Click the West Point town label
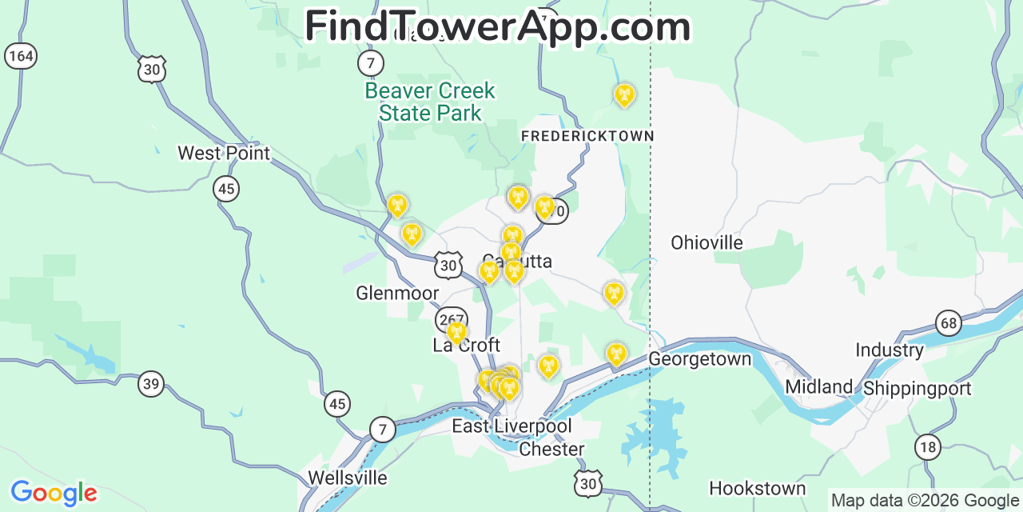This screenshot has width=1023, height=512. (x=224, y=153)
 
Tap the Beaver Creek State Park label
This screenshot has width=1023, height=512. (x=430, y=102)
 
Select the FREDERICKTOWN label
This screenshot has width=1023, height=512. (x=587, y=137)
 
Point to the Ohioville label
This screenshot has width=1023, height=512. (x=707, y=242)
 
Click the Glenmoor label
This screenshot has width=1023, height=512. (x=397, y=294)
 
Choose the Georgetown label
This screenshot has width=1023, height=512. (x=699, y=359)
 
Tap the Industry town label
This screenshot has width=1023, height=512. (x=889, y=350)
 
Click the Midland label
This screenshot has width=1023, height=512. (x=819, y=386)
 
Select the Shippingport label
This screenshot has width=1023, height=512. (x=917, y=389)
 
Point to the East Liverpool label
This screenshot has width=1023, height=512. (x=511, y=426)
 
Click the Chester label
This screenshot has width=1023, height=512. (x=551, y=450)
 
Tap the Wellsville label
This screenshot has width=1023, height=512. (x=348, y=478)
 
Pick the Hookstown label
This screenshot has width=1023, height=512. (x=758, y=488)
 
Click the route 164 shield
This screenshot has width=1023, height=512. (x=20, y=55)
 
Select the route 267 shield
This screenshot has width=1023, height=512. (x=451, y=320)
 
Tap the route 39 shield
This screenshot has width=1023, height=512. (x=151, y=384)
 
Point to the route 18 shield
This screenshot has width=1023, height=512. (x=927, y=446)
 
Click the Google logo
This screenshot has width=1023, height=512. (x=54, y=493)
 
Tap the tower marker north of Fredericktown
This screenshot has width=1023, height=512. (x=623, y=95)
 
